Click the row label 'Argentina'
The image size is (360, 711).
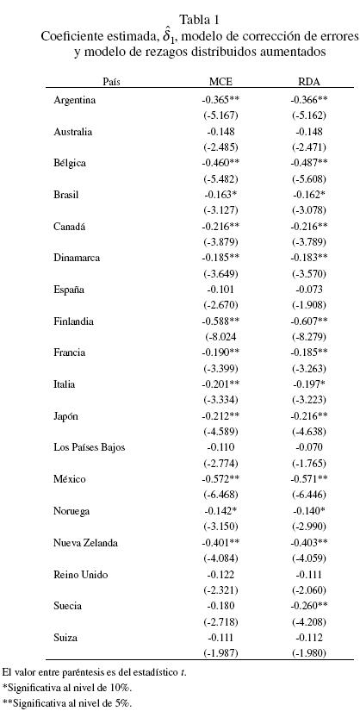[x=75, y=100]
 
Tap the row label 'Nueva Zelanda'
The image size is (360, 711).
[x=84, y=543]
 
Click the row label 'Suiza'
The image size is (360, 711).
[x=66, y=638]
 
